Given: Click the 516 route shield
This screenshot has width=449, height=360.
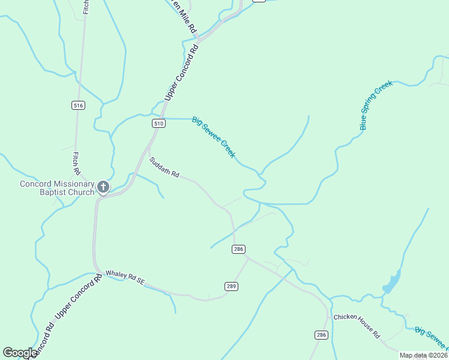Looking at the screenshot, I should point(78,105).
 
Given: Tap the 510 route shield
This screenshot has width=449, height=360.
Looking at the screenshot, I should point(158,124).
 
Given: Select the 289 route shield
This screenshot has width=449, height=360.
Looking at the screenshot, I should point(232,286).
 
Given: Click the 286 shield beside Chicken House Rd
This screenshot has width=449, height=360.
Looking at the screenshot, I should point(321,335).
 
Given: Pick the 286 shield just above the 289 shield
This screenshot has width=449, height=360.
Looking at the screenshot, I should point(239,249).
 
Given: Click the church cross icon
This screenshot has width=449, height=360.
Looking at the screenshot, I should point(103,188).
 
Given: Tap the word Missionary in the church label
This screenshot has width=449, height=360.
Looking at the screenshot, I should point(73,184).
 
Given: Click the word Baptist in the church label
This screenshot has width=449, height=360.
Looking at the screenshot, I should point(58,192).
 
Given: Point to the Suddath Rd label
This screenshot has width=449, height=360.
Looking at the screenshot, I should point(164,167).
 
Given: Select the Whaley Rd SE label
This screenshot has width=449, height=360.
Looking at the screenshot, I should point(125,277).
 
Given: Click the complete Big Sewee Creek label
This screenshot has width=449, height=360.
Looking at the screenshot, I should point(214,137).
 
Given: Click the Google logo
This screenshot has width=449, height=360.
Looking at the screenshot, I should point(20,353).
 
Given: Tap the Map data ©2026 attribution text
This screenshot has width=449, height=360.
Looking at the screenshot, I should point(423,355).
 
